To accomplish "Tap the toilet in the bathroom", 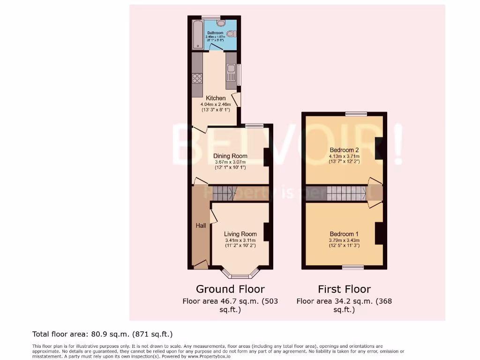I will pos(231,33).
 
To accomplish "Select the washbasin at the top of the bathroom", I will pos(221,22).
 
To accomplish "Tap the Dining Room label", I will pos(230,156).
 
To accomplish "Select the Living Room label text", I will pos(240,234).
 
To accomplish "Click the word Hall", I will pos(201,226).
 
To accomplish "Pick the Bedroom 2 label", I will pos(344,150).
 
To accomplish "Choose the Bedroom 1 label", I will pos(344,234).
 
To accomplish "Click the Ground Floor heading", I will pos(230,289).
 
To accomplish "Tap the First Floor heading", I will pos(344,289).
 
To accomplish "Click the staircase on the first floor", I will pos(346,193).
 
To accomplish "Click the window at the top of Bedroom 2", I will pos(356,113).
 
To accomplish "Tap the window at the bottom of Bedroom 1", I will pos(352,267).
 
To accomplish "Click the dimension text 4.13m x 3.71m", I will pos(344,157).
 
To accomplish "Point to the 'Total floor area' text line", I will pos(103,334).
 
